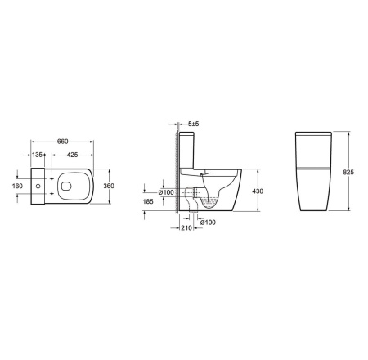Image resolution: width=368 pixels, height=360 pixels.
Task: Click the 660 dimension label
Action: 62,142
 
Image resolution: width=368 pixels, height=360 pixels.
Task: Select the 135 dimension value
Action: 37,155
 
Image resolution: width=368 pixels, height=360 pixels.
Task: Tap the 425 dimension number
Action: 72,155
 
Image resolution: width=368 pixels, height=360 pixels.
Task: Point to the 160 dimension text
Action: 17,186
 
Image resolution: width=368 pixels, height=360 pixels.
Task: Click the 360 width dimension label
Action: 109,186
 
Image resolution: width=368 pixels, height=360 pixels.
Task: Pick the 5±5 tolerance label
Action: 194,124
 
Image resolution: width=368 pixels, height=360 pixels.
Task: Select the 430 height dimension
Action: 258,191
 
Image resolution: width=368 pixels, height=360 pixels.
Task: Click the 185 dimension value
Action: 148,201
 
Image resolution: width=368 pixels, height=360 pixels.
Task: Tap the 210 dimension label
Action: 186,228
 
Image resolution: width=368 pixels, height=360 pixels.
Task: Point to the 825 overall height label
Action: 348,173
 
